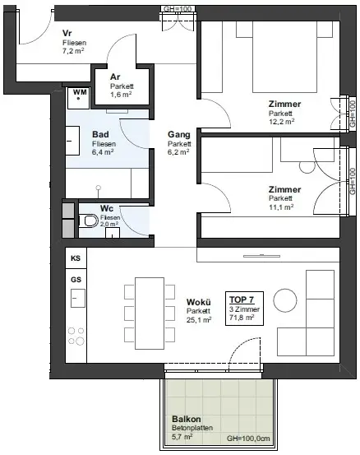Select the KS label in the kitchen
coord(76,258)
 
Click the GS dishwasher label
coord(76,279)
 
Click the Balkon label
coord(187,419)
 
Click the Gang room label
coord(179,134)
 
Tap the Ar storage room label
coord(115,77)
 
